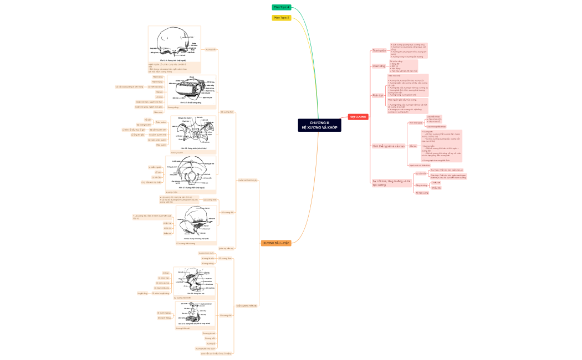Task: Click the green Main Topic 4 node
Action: click(281, 7)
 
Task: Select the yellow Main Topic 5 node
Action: click(281, 18)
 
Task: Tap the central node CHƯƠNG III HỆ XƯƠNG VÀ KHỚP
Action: click(319, 125)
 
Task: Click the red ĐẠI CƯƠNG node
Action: click(358, 116)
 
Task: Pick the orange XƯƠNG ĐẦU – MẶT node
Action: click(276, 243)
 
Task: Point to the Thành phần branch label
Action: click(379, 50)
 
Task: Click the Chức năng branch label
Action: click(379, 66)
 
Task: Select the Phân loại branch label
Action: click(378, 95)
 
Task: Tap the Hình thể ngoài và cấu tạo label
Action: click(386, 146)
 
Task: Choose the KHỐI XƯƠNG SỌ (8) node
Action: click(247, 180)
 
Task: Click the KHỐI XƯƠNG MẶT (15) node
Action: click(246, 305)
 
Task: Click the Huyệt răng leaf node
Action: click(142, 294)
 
